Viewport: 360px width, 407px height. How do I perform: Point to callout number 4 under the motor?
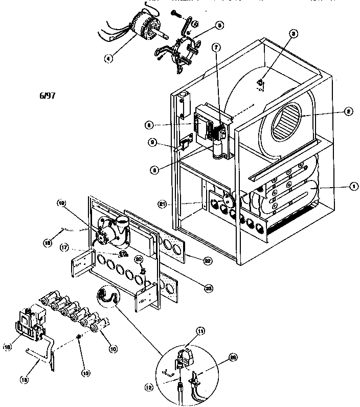108,58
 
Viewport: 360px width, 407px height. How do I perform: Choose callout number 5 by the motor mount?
205,24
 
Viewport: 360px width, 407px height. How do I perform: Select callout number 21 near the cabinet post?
163,205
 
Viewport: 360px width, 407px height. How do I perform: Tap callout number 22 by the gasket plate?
208,260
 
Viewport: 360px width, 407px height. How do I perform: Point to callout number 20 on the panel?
138,259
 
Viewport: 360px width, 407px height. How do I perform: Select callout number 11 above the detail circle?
200,331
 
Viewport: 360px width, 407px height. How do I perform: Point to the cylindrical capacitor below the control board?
220,151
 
